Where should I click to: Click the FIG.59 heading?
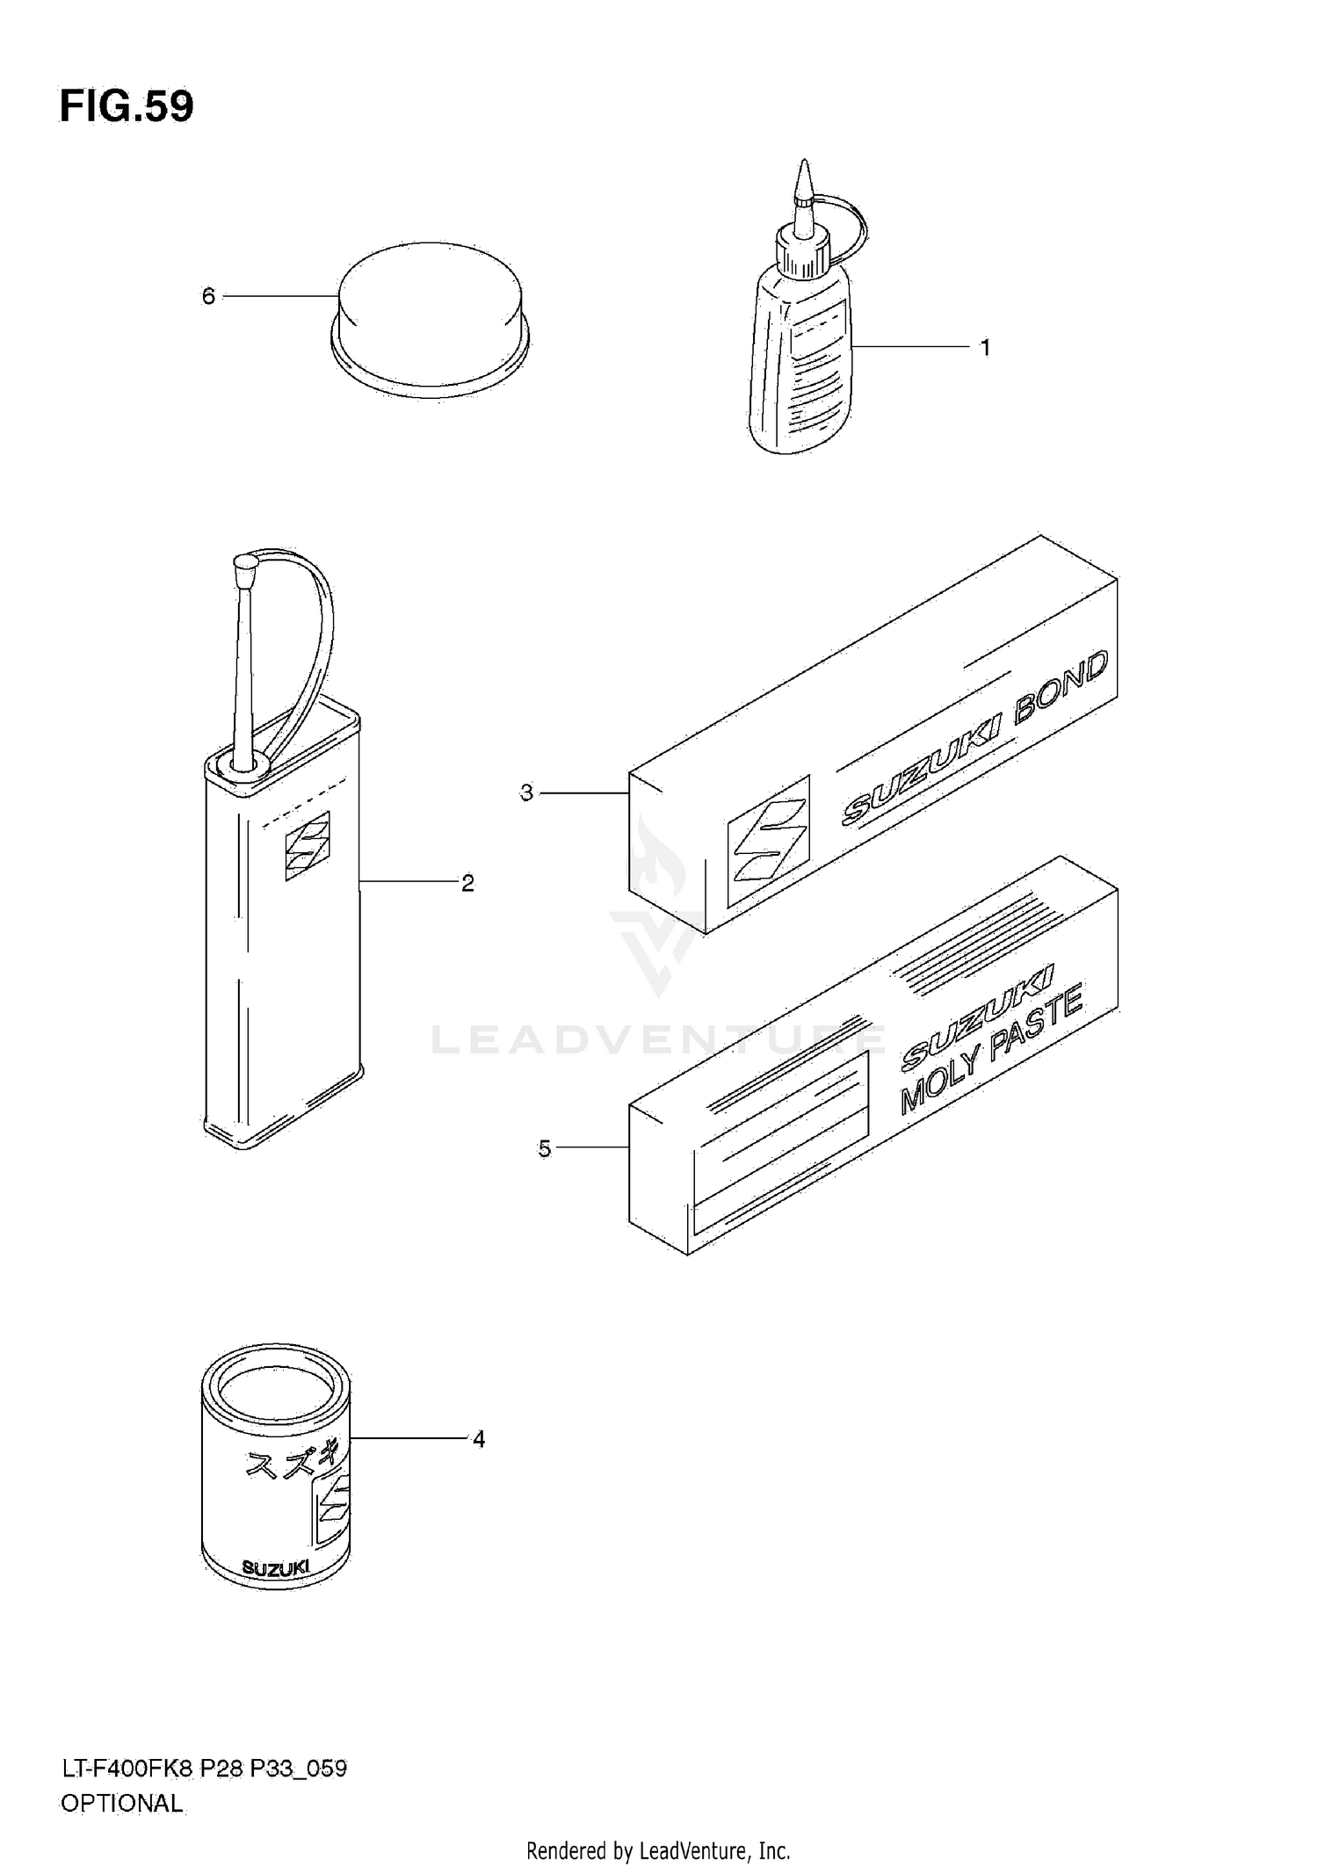[x=127, y=107]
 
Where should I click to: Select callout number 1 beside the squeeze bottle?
[x=985, y=348]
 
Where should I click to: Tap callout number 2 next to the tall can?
[x=467, y=883]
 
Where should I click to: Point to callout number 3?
[x=526, y=792]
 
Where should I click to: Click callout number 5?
[x=545, y=1148]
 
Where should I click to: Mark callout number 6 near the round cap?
[x=208, y=297]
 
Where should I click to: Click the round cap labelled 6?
[x=431, y=316]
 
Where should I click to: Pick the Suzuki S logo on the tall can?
[x=307, y=845]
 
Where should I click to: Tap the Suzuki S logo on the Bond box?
[x=767, y=840]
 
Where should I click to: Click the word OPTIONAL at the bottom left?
[x=122, y=1804]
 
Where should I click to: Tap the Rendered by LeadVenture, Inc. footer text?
[x=658, y=1850]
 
